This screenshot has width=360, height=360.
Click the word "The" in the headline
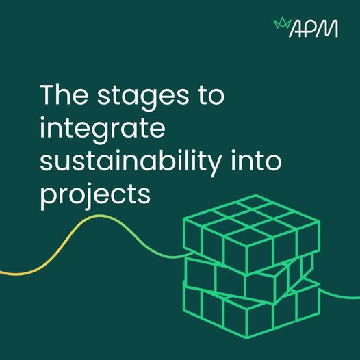64,94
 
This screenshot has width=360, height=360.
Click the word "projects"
95,196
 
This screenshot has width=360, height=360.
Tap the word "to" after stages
211,96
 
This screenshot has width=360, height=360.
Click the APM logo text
313,29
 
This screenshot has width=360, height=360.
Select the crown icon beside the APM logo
282,24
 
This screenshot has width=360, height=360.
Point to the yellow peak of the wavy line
99,216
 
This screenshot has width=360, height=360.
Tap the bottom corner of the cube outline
247,338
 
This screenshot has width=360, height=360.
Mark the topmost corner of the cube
255,195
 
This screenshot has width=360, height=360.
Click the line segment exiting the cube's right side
339,295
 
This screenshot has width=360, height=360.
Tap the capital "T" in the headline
48,94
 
